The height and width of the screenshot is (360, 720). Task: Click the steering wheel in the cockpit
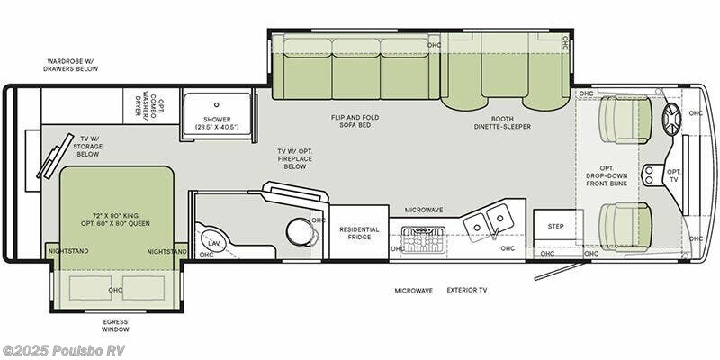click(673, 120)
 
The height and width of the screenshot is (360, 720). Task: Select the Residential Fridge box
click(359, 232)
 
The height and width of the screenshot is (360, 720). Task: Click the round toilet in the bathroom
click(300, 230)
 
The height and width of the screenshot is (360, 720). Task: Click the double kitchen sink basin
click(490, 218)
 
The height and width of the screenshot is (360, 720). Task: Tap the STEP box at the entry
click(555, 226)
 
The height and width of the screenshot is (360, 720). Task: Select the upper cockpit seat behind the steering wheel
click(625, 120)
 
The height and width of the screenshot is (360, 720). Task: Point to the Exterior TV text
click(467, 291)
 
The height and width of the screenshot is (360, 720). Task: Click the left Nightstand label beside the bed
click(68, 251)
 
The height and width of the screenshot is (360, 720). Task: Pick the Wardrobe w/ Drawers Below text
click(77, 66)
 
